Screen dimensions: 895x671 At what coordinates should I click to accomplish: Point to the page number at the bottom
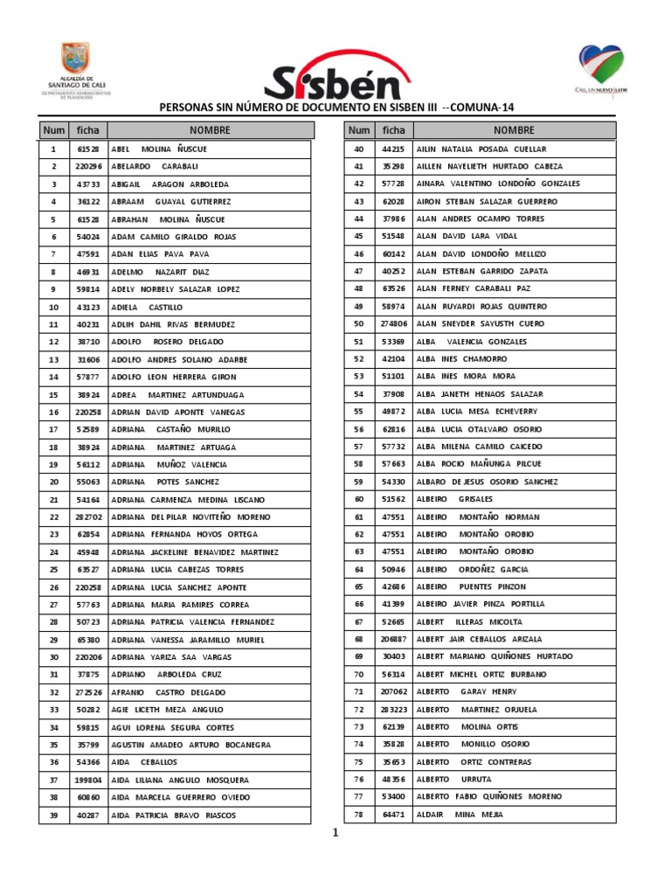335,833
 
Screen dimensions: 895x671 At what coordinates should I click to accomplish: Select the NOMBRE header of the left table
209,130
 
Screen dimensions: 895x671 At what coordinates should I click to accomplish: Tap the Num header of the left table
53,130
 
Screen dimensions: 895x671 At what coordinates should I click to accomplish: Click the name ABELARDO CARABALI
156,166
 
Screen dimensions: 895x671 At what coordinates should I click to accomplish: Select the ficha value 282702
88,517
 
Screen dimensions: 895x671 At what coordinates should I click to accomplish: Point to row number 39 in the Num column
53,815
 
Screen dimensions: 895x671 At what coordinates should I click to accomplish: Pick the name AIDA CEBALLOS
144,762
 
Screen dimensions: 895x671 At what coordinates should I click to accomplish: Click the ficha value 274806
393,324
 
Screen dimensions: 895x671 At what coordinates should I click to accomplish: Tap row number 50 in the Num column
358,324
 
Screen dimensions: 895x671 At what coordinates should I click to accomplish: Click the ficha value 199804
88,780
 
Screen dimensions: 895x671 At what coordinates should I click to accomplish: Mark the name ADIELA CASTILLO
148,307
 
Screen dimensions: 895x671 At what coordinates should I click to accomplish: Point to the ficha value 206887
393,639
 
